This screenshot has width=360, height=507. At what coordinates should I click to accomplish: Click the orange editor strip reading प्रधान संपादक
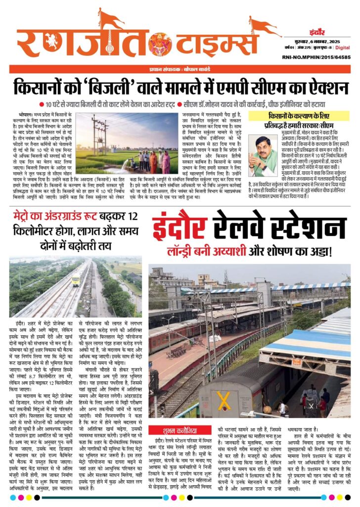(x=180, y=69)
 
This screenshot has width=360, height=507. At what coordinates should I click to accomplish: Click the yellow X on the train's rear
(x=224, y=399)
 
